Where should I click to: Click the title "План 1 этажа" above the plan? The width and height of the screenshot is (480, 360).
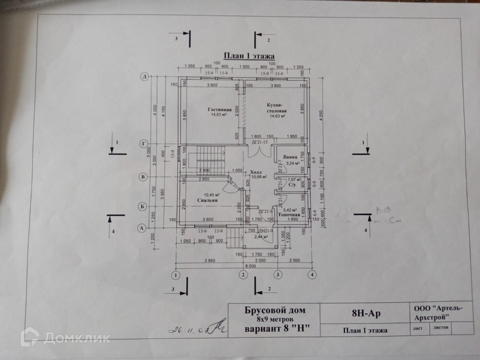pyautogui.click(x=249, y=56)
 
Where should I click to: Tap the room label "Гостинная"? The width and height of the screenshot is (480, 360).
pyautogui.click(x=219, y=109)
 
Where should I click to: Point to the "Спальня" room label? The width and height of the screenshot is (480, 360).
pyautogui.click(x=207, y=200)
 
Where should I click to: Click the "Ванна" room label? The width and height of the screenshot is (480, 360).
pyautogui.click(x=290, y=157)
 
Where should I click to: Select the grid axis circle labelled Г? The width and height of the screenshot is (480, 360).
pyautogui.click(x=144, y=144)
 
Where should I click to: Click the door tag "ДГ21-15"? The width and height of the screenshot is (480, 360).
pyautogui.click(x=260, y=142)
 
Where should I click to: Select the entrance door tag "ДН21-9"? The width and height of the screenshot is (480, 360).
pyautogui.click(x=266, y=231)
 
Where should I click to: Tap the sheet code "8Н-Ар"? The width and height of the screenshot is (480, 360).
pyautogui.click(x=366, y=313)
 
